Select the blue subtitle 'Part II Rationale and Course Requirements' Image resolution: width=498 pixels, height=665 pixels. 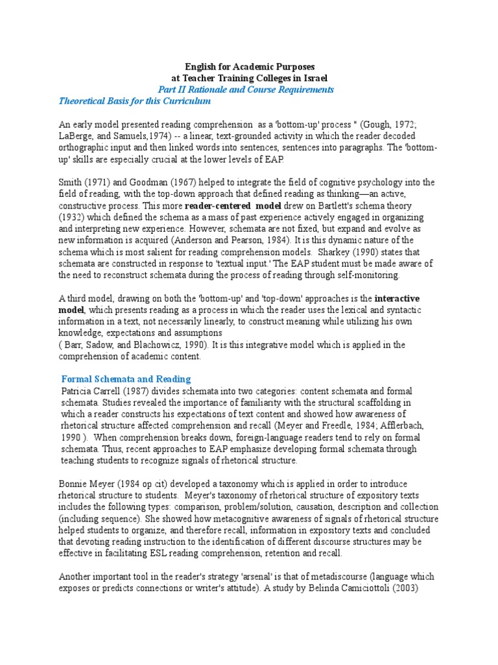[x=246, y=90]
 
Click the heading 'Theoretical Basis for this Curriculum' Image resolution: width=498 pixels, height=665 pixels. [x=135, y=101]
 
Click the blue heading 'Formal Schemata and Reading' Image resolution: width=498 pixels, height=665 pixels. [x=126, y=379]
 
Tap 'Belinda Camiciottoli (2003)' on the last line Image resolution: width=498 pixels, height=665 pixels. [x=377, y=588]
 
